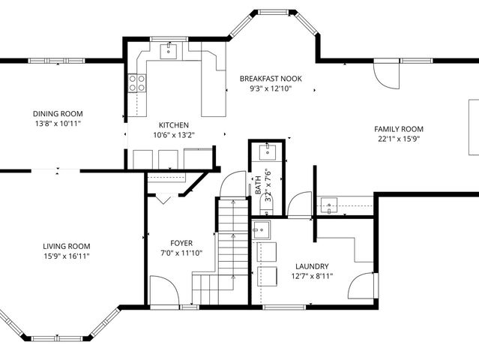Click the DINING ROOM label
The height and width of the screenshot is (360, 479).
coord(58,114)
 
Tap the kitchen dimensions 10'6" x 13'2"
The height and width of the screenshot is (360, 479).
coord(174,135)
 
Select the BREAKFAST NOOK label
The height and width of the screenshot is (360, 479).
coord(271,79)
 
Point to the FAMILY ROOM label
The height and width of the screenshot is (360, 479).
coord(399,129)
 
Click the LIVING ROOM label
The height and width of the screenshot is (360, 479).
coord(67,246)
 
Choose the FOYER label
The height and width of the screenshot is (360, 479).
coord(181,243)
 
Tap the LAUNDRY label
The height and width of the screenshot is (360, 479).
coord(312,266)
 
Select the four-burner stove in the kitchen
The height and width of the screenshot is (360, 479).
coord(137,83)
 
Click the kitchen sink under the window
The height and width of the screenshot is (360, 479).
coord(169,51)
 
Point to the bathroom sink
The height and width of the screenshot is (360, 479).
coord(268,152)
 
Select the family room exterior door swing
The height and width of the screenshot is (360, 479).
coord(387,76)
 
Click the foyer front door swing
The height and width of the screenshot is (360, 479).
coord(164,291)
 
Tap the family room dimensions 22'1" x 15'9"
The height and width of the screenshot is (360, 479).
coord(399,139)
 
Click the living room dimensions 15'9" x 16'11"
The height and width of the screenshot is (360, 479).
coord(67,256)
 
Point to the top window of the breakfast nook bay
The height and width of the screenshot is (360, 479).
coord(274,12)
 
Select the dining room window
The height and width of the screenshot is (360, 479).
coord(56,61)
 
